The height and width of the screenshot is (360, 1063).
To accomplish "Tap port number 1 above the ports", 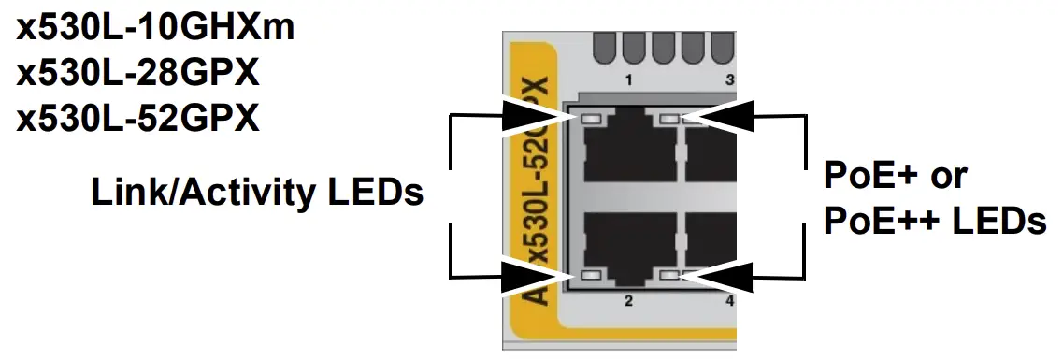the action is coord(629,79).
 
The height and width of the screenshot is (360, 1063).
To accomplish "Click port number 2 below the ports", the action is coord(629,300).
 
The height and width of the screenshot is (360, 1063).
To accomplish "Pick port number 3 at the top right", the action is coord(729,79).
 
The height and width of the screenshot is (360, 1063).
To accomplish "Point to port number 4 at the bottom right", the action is coord(729,300).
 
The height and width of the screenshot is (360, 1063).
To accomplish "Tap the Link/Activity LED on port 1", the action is coord(590,119).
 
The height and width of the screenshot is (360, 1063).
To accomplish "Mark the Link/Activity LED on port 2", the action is coord(590,276).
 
